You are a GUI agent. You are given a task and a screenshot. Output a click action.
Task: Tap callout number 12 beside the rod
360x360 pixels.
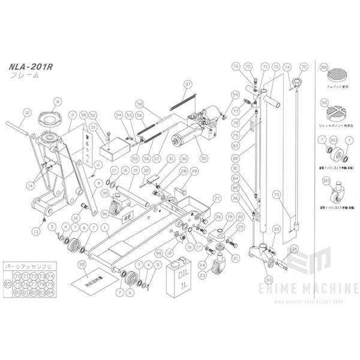click(26, 112)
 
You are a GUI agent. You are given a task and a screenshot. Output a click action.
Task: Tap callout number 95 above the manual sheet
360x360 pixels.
click(82, 264)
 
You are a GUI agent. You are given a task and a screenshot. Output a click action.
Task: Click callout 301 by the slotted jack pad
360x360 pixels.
click(325, 103)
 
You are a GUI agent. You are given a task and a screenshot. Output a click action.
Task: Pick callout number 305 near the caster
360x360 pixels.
click(325, 179)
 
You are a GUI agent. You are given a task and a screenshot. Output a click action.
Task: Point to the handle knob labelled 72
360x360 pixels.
click(295, 82)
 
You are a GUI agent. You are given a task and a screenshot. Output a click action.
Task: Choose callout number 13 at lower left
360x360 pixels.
click(36, 231)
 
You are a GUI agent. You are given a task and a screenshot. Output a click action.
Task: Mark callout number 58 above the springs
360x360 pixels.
click(139, 103)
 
